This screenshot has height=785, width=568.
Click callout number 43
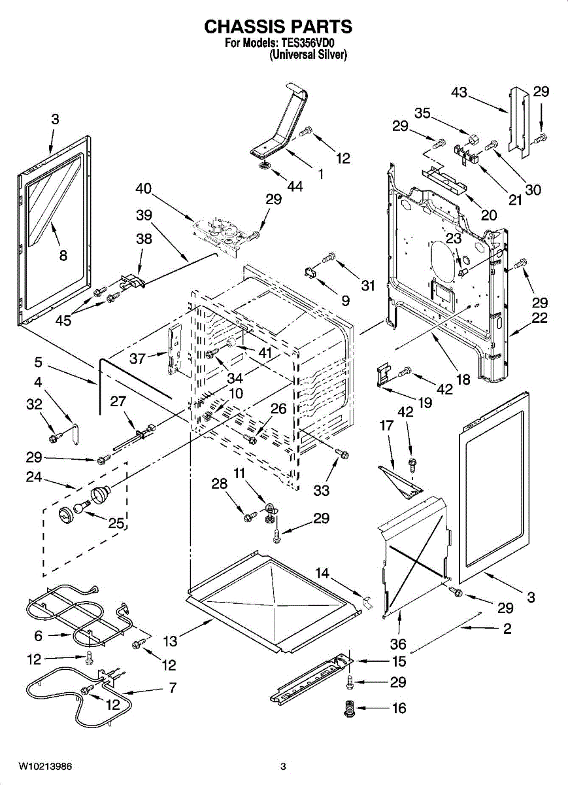pyautogui.click(x=459, y=92)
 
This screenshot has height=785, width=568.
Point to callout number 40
pyautogui.click(x=144, y=189)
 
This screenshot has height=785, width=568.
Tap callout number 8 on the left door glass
pyautogui.click(x=63, y=256)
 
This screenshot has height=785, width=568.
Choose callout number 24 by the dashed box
pyautogui.click(x=33, y=478)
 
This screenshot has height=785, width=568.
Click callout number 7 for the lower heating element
pyautogui.click(x=172, y=688)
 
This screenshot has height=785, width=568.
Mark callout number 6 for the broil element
pyautogui.click(x=38, y=635)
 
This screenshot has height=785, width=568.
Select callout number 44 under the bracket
pyautogui.click(x=295, y=186)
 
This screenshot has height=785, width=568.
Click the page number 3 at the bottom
pyautogui.click(x=283, y=766)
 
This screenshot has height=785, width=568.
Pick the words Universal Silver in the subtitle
pyautogui.click(x=308, y=56)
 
